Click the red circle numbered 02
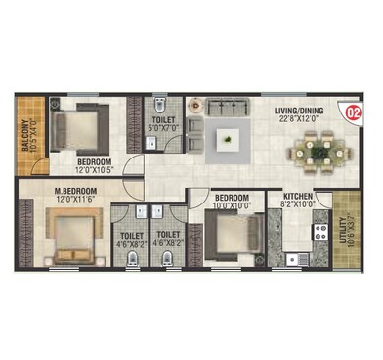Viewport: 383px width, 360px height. [353, 112]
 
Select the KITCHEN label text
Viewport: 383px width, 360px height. [298, 196]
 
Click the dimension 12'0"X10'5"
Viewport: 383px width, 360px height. [96, 169]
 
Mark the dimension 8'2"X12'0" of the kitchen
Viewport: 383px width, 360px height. [298, 204]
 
